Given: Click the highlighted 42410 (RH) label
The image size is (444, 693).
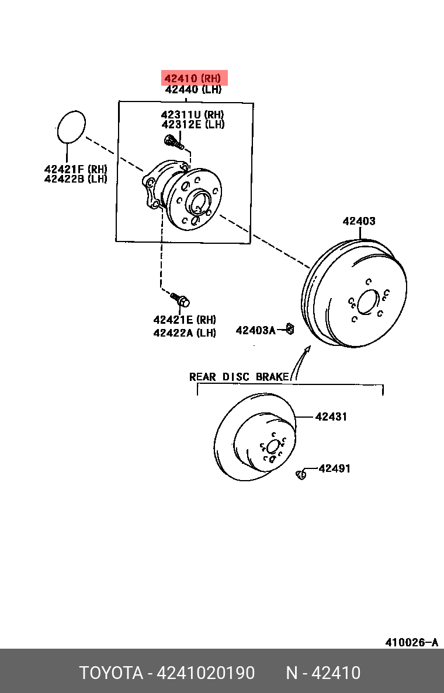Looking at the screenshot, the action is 193,78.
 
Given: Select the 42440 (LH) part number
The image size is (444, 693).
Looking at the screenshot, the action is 193,89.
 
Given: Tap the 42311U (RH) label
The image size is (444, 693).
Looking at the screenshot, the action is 193,114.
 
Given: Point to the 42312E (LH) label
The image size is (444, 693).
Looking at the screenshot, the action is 193,124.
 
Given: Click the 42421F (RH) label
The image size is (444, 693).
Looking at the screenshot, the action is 76,169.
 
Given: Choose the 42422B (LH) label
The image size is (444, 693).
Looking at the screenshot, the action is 76,179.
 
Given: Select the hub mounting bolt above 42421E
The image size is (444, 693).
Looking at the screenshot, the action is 180,300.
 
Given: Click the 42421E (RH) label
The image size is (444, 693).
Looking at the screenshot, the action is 185,320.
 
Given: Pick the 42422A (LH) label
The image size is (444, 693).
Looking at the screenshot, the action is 185,332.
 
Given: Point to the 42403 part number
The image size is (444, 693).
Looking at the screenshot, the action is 359,221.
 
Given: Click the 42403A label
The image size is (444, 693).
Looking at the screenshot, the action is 255,330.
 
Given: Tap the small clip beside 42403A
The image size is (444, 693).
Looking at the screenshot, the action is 290,328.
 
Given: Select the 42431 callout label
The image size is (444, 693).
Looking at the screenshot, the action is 331,416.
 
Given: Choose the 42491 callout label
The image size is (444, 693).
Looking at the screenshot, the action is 335,468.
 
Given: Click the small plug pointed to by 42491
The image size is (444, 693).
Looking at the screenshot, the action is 301,475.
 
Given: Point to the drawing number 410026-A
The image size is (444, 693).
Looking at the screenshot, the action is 412,642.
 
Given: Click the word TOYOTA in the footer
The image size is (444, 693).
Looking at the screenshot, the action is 111,673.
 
